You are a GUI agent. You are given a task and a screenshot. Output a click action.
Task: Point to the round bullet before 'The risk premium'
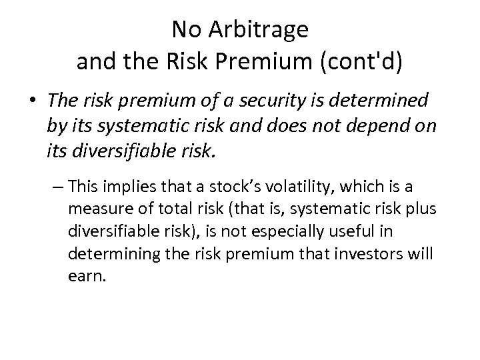click(x=33, y=100)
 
